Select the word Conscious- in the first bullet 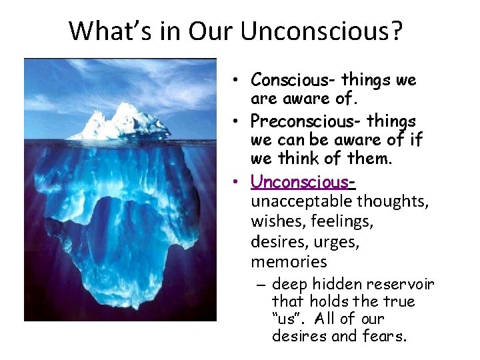coord(293,80)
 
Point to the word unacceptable coord(302,201)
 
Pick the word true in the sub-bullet coord(400,301)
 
